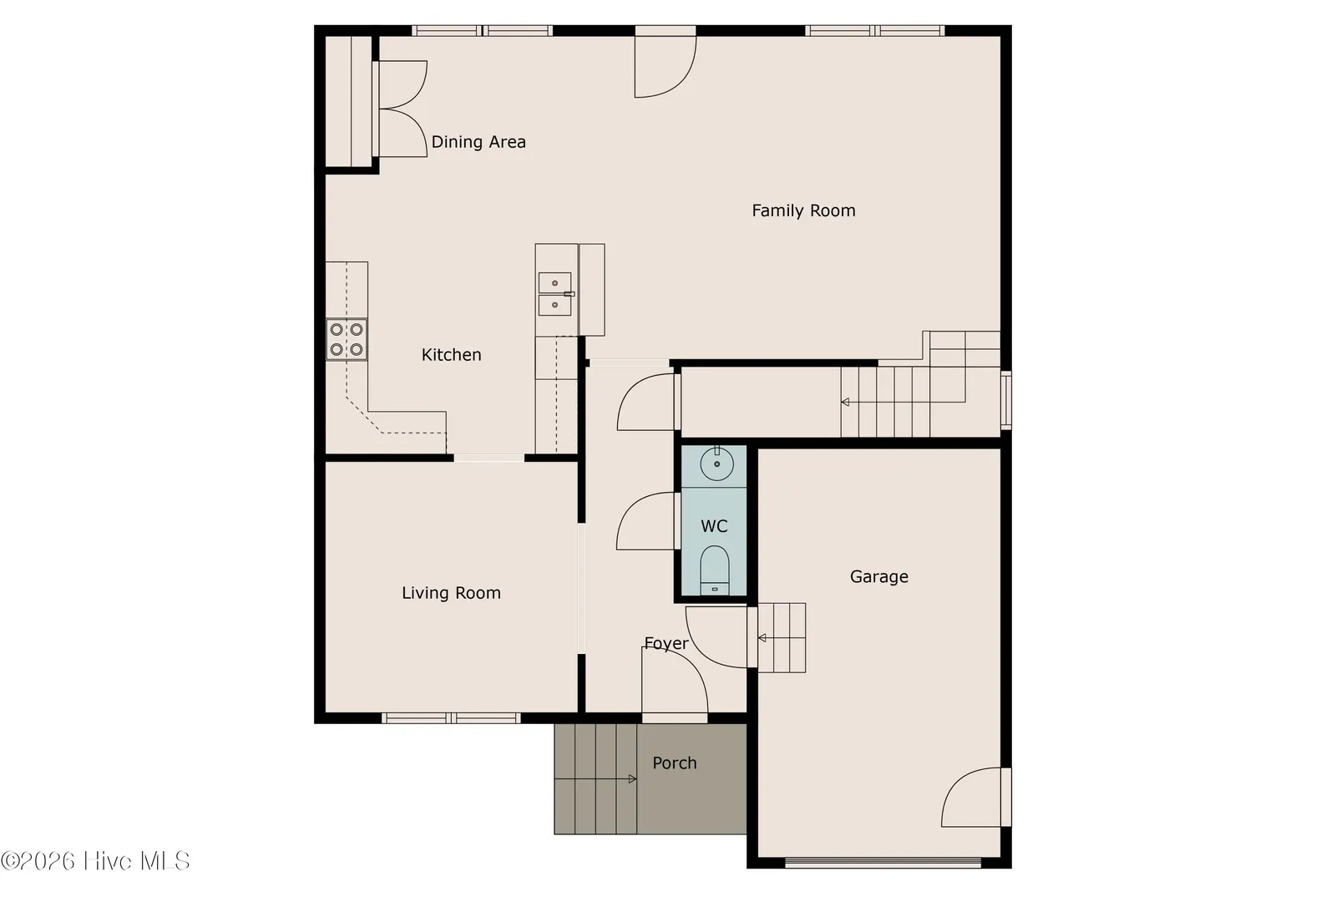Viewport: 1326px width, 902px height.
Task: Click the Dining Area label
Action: tap(478, 142)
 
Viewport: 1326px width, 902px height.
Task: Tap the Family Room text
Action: tap(803, 210)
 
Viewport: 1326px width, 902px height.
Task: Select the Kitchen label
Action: tap(451, 355)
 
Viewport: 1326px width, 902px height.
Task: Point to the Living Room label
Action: tap(451, 593)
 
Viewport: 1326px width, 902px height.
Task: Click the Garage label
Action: tap(879, 577)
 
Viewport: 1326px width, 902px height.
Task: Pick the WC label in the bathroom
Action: tap(714, 526)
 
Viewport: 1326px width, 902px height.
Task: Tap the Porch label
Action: tap(674, 763)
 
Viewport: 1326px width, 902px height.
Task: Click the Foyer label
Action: tap(666, 643)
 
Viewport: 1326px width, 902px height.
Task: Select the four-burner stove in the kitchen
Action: tap(347, 339)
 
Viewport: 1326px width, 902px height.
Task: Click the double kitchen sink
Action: tap(554, 294)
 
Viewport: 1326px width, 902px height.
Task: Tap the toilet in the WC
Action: tap(715, 570)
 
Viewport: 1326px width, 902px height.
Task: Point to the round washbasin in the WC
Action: tap(717, 464)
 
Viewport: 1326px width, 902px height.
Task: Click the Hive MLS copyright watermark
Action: tap(95, 860)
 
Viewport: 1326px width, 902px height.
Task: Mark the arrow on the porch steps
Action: tap(595, 779)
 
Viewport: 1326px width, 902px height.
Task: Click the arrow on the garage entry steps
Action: tap(782, 638)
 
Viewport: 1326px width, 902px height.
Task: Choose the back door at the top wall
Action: tap(666, 62)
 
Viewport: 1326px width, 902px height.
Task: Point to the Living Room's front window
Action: tap(451, 718)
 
